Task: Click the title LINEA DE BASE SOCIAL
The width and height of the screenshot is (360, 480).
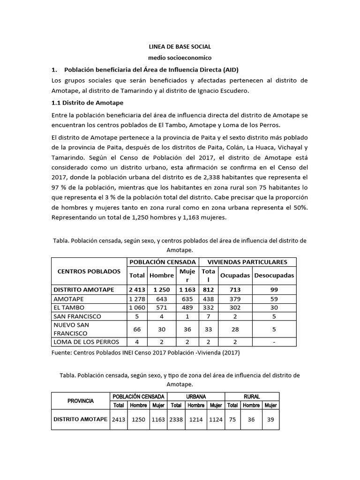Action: click(180, 47)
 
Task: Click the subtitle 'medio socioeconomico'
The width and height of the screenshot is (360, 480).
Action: click(180, 58)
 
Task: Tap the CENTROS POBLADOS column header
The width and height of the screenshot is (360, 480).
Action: click(89, 271)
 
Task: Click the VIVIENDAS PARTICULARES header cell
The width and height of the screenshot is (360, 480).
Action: click(248, 262)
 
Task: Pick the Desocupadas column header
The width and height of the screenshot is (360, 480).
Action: click(274, 276)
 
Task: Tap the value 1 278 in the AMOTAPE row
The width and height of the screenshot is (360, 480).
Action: click(137, 299)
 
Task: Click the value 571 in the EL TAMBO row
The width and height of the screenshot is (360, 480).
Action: click(161, 307)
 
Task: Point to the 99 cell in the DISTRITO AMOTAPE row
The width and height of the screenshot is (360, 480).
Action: click(274, 290)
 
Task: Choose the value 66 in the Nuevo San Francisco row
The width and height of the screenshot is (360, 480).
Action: click(137, 330)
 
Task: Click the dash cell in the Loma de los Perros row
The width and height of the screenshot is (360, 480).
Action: click(274, 342)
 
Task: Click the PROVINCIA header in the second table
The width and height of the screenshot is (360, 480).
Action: click(81, 401)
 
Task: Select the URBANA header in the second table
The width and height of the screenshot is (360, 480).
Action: click(196, 397)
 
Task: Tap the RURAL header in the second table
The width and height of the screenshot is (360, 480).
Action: click(252, 397)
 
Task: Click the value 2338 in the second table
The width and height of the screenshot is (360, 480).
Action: click(176, 420)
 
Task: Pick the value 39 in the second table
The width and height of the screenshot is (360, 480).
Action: click(270, 420)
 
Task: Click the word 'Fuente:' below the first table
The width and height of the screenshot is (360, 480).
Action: click(62, 353)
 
